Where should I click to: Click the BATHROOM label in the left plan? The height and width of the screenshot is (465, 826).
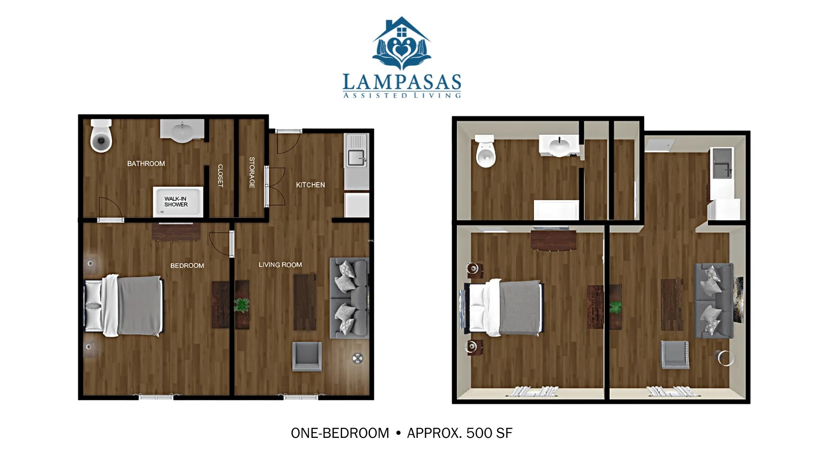(x=146, y=164)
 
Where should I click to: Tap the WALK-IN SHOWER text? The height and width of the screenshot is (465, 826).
(x=176, y=201)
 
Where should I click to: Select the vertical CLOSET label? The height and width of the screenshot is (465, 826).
(x=220, y=175)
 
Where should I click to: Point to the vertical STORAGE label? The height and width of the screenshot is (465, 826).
(x=252, y=172)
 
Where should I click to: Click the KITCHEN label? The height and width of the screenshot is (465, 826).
(x=310, y=185)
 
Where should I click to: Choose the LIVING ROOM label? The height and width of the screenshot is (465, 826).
(x=280, y=265)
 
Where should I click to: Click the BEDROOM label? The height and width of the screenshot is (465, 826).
(x=187, y=266)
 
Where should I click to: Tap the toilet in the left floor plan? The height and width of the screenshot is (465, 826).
(x=101, y=136)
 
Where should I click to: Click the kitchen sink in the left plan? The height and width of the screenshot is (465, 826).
(x=357, y=158)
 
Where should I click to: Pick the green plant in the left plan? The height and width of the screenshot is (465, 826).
(x=242, y=305)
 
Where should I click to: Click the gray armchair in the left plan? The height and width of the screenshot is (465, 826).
(x=307, y=356)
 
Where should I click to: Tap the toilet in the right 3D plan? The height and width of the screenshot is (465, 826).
(x=485, y=152)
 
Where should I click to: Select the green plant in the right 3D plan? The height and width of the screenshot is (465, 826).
(x=616, y=307)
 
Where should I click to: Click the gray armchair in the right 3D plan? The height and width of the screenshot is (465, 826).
(x=675, y=354)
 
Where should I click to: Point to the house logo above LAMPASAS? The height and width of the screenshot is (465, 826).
(x=401, y=43)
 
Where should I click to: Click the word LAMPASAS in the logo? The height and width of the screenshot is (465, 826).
(x=402, y=82)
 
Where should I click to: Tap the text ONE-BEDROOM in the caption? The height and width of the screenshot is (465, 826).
(x=340, y=433)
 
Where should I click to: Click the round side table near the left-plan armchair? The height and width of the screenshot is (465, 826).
(x=358, y=358)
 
